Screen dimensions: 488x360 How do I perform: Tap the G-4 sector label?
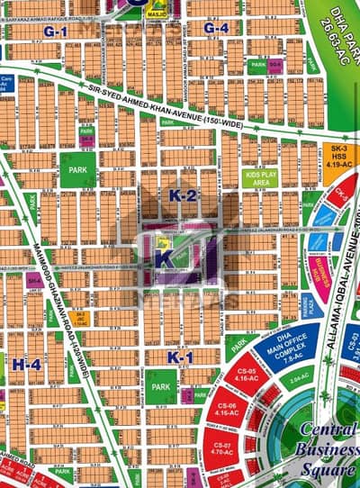[x=215, y=28]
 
